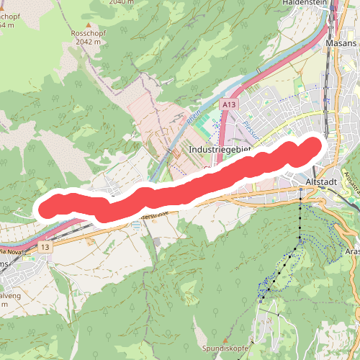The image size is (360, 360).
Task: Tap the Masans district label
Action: [341, 43]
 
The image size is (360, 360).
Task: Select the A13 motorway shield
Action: [228, 105]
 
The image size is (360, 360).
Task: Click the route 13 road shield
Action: [45, 247]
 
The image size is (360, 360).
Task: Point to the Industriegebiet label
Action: [220, 149]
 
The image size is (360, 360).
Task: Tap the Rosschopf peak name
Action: [90, 33]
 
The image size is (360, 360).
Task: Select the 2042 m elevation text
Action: [90, 42]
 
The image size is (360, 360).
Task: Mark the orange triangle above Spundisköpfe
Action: [225, 339]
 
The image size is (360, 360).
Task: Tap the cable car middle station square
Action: [300, 237]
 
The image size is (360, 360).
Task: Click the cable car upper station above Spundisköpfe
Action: [263, 296]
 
